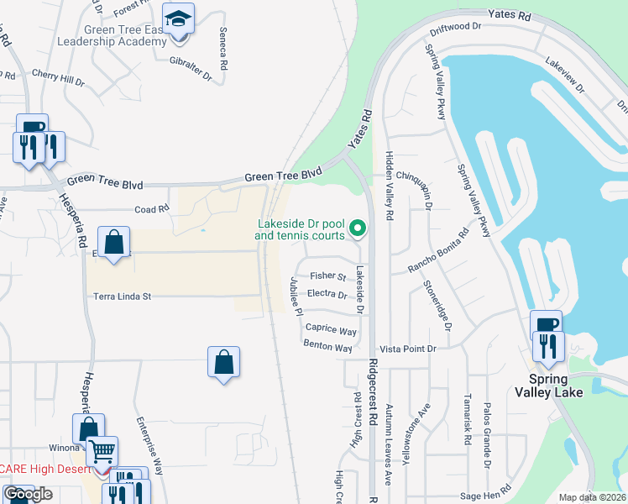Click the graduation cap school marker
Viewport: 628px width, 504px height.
(178, 20)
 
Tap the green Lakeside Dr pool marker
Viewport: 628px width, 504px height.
(358, 228)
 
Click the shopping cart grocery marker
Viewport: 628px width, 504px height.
(102, 451)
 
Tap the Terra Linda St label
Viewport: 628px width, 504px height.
(122, 297)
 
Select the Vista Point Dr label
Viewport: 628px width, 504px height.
(408, 349)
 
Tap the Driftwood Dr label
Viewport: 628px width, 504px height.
(454, 27)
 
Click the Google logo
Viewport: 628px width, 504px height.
(28, 495)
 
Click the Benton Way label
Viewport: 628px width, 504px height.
(327, 346)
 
